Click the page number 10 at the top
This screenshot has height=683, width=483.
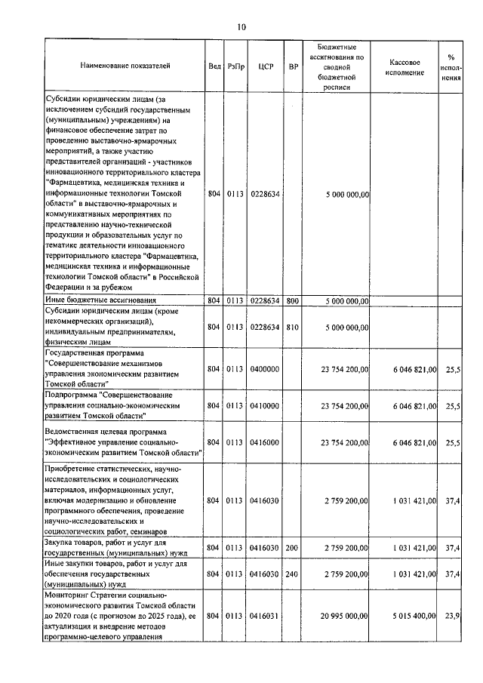(241, 27)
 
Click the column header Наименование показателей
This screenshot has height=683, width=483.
(125, 66)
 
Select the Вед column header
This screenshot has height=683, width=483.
(214, 66)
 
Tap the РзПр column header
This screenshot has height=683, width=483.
(234, 66)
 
